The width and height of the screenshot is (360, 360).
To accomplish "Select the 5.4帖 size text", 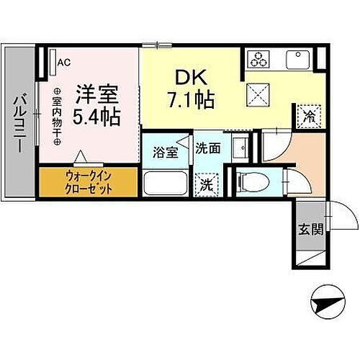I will point(96,114).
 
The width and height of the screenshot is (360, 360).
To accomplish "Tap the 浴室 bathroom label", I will point(166,153).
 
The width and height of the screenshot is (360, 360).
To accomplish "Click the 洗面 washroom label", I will point(208,149).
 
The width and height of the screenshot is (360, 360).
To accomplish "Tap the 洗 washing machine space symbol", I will point(207,184).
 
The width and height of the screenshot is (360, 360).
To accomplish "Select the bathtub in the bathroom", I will point(165,182).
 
